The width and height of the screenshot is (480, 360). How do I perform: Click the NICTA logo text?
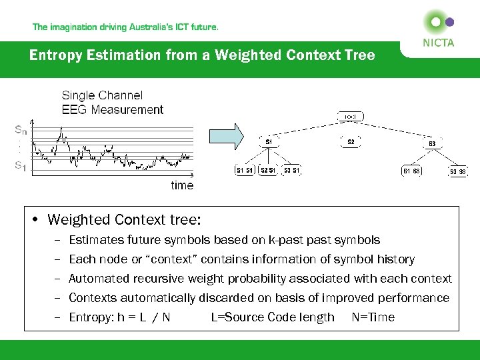pos(438,43)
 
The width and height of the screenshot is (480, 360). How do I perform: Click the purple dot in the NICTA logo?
pos(449,21)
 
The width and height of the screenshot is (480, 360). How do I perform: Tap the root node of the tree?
pos(350,117)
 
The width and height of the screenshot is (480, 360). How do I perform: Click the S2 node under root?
pos(351,141)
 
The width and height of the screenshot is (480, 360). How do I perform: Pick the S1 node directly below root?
pos(269,141)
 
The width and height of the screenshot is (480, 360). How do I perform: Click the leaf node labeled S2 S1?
pos(268,170)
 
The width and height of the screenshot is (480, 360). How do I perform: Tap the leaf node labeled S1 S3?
pos(411,170)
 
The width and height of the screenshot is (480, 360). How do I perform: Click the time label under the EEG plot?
pos(181,185)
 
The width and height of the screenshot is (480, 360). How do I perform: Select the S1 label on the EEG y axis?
pos(22,167)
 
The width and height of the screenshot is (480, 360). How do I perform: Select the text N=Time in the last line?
pos(373,317)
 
